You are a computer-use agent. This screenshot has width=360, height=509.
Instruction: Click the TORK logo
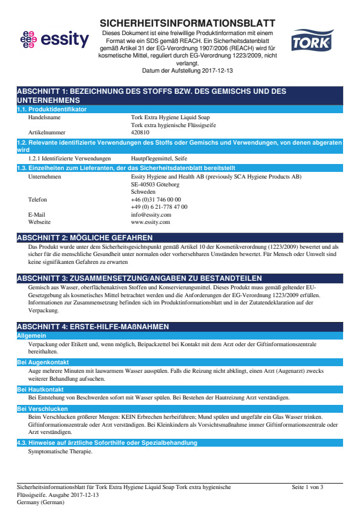(311, 42)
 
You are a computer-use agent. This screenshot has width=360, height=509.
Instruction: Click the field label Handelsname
(47, 117)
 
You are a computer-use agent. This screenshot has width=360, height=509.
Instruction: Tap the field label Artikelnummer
(47, 132)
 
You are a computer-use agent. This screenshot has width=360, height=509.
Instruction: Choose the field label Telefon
(38, 199)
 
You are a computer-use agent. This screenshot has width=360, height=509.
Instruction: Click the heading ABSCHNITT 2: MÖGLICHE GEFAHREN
(85, 238)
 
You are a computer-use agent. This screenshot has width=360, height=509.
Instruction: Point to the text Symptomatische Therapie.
(61, 452)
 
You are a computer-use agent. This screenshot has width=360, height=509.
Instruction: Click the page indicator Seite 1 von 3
(307, 487)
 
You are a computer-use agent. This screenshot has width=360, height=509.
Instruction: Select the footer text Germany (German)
(41, 502)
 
